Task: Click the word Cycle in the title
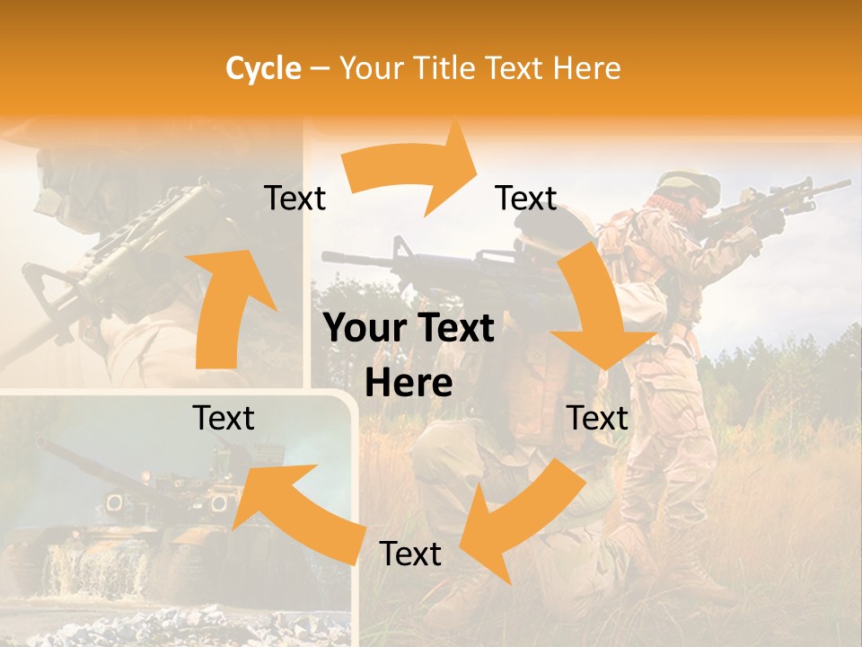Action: point(263,68)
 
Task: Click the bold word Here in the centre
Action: point(409,384)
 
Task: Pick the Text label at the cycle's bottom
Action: point(410,554)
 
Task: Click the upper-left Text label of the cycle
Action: point(295,199)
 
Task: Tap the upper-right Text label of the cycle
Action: point(526,199)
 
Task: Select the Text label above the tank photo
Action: point(224,418)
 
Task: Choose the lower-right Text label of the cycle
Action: point(598,418)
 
